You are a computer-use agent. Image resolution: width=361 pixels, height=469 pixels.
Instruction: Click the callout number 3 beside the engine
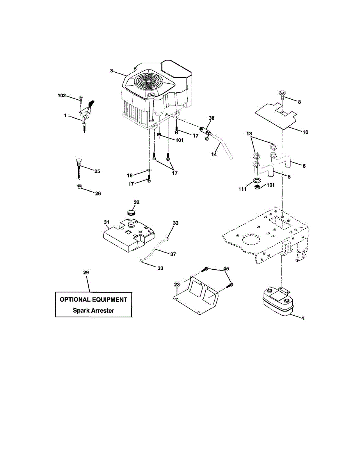coord(112,71)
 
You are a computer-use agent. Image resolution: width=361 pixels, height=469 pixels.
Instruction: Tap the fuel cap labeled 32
coord(131,212)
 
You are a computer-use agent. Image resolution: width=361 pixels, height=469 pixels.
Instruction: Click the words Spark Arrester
coord(93,311)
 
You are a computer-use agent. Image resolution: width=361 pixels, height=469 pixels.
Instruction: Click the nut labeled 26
coord(79,186)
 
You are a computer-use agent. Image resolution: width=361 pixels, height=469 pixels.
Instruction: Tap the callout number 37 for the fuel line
coord(173,254)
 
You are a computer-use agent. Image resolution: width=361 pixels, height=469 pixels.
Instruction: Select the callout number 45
coord(226,269)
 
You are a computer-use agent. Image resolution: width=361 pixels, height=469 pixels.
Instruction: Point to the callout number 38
coord(212,118)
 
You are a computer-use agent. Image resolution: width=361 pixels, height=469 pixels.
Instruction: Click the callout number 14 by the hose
coord(214,155)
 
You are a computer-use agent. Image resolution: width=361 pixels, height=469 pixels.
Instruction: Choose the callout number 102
coord(62,95)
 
